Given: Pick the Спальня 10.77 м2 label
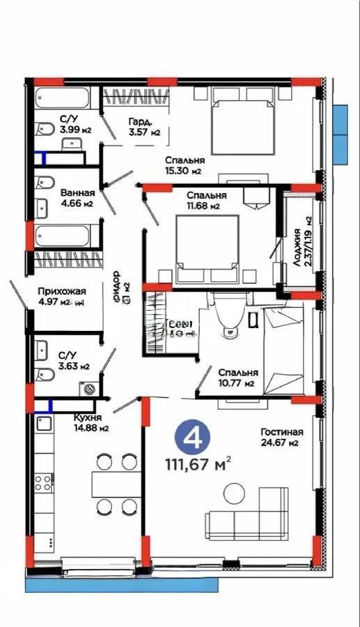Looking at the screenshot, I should (237, 378).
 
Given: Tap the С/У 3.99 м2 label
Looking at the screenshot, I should (77, 124).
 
